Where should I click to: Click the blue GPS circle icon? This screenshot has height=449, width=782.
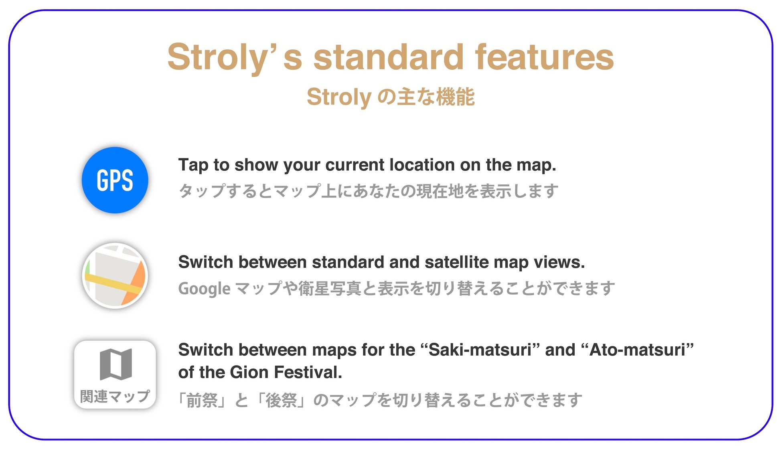[115, 180]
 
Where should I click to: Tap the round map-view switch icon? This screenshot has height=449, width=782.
[115, 276]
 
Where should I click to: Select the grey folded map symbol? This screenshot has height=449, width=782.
[116, 364]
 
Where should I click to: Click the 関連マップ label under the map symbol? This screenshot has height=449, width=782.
[115, 396]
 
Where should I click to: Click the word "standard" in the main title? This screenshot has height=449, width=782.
[389, 57]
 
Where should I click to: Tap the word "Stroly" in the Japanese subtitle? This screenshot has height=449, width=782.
[339, 97]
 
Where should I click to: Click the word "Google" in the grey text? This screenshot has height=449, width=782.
[205, 289]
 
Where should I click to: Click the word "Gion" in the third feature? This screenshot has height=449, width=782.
[249, 372]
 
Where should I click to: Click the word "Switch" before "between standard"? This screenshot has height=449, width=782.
[206, 262]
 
